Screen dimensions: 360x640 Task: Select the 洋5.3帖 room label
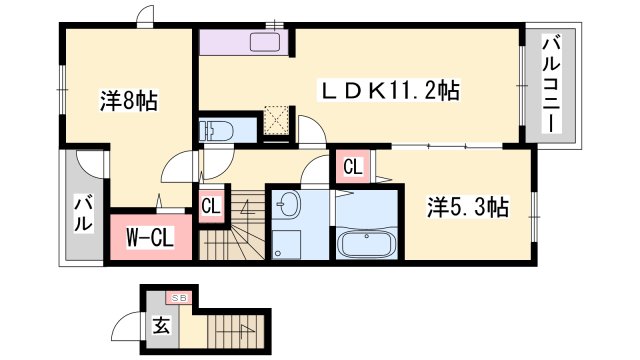[468, 207]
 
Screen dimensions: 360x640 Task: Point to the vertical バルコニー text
[551, 85]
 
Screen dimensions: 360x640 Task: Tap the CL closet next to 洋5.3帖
[352, 167]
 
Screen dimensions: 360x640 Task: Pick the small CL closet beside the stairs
[210, 206]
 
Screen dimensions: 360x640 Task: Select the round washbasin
[287, 206]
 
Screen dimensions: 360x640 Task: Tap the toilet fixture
[217, 130]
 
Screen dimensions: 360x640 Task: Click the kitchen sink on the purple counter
[268, 42]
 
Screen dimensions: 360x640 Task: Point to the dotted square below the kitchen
[275, 120]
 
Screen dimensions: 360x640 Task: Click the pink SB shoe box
[180, 297]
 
